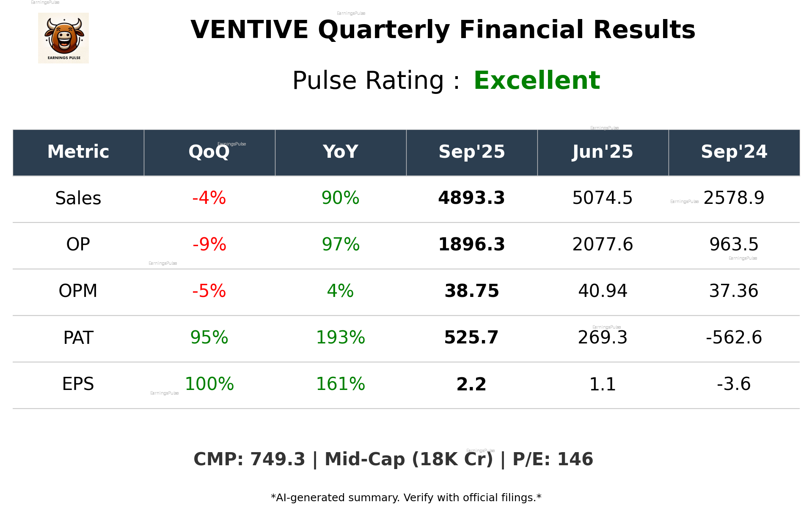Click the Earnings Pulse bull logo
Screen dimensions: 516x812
[x=63, y=38]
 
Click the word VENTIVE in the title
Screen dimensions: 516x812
[x=249, y=30]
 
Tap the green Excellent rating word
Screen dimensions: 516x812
[x=537, y=80]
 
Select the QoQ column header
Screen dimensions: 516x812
[x=209, y=152]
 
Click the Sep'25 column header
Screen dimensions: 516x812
[x=471, y=152]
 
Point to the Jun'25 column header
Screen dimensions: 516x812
[x=603, y=152]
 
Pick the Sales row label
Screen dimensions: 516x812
[x=78, y=198]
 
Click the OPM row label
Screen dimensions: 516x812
[x=78, y=291]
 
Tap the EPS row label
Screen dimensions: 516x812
[x=78, y=384]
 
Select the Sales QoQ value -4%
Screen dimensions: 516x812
[x=209, y=198]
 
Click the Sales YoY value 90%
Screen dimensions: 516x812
[x=340, y=198]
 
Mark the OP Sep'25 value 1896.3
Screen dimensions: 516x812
[x=471, y=244]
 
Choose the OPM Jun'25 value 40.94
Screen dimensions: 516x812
[x=603, y=291]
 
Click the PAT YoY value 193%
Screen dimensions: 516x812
[x=340, y=338]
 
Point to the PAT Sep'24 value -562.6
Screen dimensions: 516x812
[x=734, y=338]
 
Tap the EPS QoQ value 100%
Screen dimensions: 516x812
[x=209, y=384]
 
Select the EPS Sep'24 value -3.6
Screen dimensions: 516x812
[x=734, y=384]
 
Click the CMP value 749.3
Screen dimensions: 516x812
[x=278, y=459]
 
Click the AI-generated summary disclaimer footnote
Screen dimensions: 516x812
[x=406, y=498]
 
